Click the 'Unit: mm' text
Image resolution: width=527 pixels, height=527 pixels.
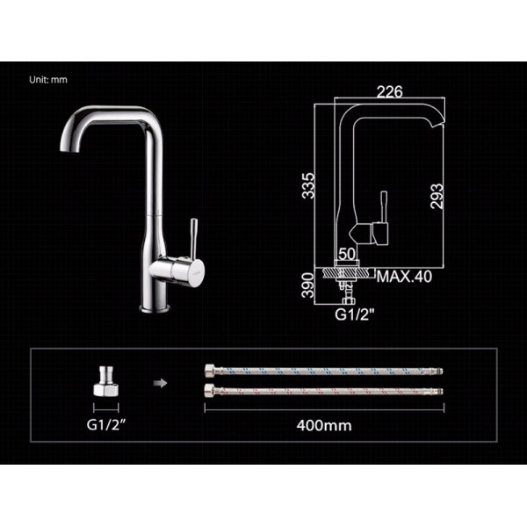click(48, 80)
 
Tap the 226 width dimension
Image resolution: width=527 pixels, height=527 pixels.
click(389, 91)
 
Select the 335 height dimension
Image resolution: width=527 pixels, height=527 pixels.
click(308, 185)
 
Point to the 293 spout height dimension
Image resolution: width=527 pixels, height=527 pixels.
click(437, 196)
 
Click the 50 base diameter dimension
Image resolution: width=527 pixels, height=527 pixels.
click(347, 254)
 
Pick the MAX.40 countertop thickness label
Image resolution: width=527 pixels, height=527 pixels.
click(404, 277)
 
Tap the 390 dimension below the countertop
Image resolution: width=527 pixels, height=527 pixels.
click(308, 285)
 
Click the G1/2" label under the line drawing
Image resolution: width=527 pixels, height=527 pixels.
click(354, 314)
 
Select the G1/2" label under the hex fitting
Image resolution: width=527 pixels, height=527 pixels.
click(106, 425)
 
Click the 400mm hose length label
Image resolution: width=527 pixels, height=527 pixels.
click(324, 425)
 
